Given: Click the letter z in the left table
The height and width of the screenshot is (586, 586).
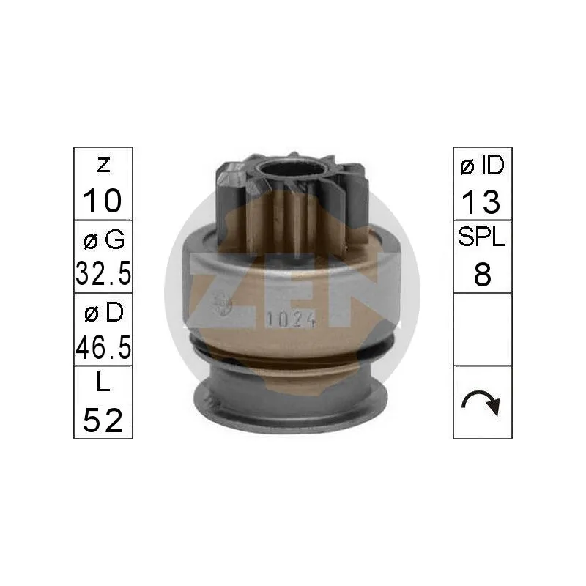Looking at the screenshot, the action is (x=103, y=166).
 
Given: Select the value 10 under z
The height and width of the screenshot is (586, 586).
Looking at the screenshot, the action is (x=103, y=201).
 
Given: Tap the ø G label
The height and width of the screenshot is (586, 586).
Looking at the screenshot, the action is (x=104, y=240).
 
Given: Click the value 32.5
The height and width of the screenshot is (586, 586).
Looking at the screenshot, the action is (x=103, y=273).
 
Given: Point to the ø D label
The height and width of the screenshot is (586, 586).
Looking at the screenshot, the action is (x=104, y=313).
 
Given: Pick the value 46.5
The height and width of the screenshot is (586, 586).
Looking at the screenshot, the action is (x=103, y=346).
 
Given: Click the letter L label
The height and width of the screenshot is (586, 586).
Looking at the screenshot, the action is (x=103, y=382).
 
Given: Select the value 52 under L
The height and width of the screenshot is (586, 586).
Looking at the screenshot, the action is (x=103, y=420).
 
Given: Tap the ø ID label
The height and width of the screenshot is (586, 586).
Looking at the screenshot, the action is (x=483, y=166).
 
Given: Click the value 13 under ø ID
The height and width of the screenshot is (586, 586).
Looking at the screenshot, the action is (x=481, y=202).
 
